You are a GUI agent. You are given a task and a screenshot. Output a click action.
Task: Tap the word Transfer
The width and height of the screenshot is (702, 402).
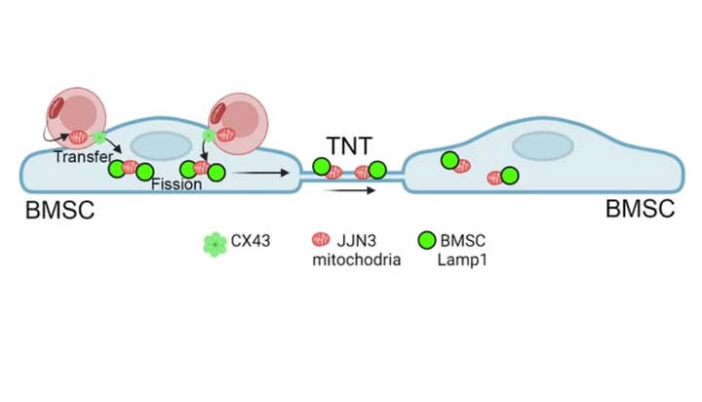[x=81, y=156]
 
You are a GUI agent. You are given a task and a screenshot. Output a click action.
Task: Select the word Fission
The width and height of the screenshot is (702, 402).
[x=176, y=184]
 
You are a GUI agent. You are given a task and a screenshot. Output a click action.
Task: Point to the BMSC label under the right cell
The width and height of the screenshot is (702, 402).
[x=641, y=208]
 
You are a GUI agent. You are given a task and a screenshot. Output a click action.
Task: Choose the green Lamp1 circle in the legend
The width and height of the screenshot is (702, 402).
[x=426, y=241]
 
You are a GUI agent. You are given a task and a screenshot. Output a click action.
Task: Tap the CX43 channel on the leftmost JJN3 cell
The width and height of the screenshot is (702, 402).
[x=98, y=138]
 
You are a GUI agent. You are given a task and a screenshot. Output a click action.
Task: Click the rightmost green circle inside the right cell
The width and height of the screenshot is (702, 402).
[x=509, y=176]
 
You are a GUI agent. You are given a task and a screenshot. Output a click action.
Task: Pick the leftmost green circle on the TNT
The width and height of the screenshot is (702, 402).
[x=320, y=166]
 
